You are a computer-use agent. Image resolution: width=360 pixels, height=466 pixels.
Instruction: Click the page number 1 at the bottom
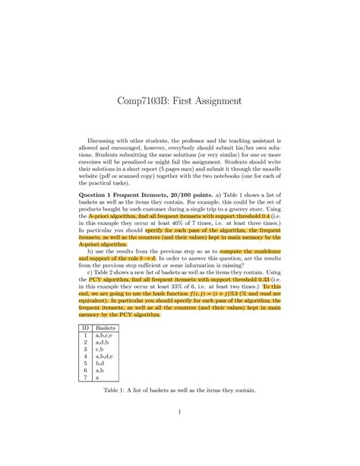180,433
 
